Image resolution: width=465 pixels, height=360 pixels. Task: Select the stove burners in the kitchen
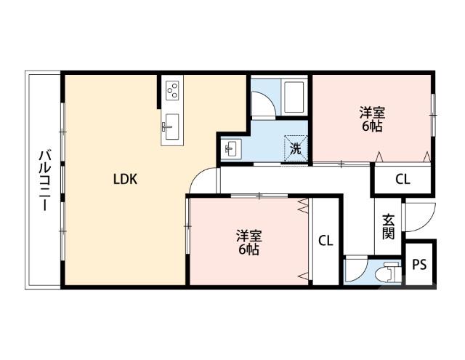point(173,91)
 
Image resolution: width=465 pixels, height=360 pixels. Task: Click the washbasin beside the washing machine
point(231,149)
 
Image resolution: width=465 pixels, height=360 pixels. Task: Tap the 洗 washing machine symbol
point(296,148)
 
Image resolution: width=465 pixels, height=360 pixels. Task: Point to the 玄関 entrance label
point(389,226)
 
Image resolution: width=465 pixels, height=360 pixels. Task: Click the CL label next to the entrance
point(402,180)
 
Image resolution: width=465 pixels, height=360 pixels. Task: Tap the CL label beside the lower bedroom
point(325,241)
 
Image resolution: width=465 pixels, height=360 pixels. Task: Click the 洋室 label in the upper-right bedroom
point(372,113)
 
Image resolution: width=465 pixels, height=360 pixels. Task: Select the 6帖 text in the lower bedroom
point(248,251)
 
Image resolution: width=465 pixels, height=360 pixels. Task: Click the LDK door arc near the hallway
point(206,178)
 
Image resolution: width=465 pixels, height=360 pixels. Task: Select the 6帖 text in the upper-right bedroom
point(372,127)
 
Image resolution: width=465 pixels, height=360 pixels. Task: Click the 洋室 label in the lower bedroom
point(248,236)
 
